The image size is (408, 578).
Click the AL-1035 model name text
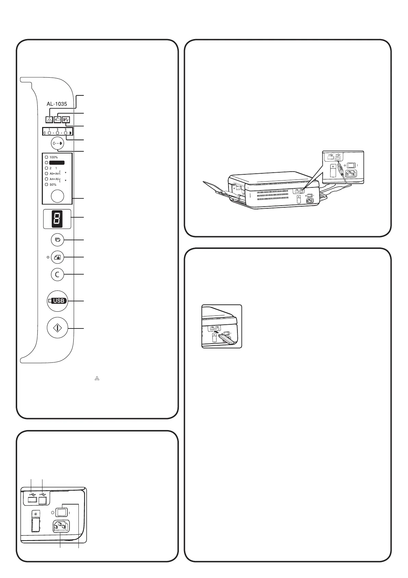57,104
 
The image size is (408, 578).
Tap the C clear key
57,274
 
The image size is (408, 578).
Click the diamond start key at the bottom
57,328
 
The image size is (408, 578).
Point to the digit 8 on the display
57,219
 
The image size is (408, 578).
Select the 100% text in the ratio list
54,157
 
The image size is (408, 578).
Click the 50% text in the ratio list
53,185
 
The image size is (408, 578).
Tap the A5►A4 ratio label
54,174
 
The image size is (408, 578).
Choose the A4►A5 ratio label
54,179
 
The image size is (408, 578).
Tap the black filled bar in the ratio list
57,163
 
